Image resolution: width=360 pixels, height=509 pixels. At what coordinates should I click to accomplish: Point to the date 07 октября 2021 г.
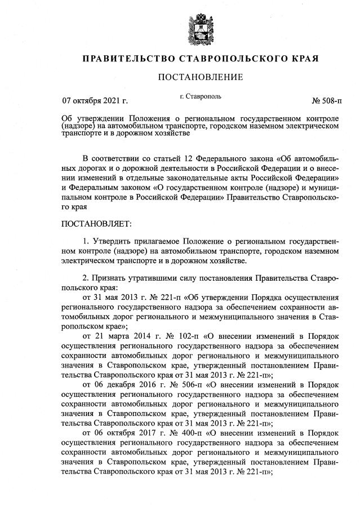94,101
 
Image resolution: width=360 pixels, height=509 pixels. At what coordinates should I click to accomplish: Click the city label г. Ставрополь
200,96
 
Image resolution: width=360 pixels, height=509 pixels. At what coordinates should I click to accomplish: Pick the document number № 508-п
327,101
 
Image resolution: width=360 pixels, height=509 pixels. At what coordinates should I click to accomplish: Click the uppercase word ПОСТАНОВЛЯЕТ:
96,224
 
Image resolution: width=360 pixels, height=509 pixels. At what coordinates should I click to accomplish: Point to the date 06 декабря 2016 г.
127,385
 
